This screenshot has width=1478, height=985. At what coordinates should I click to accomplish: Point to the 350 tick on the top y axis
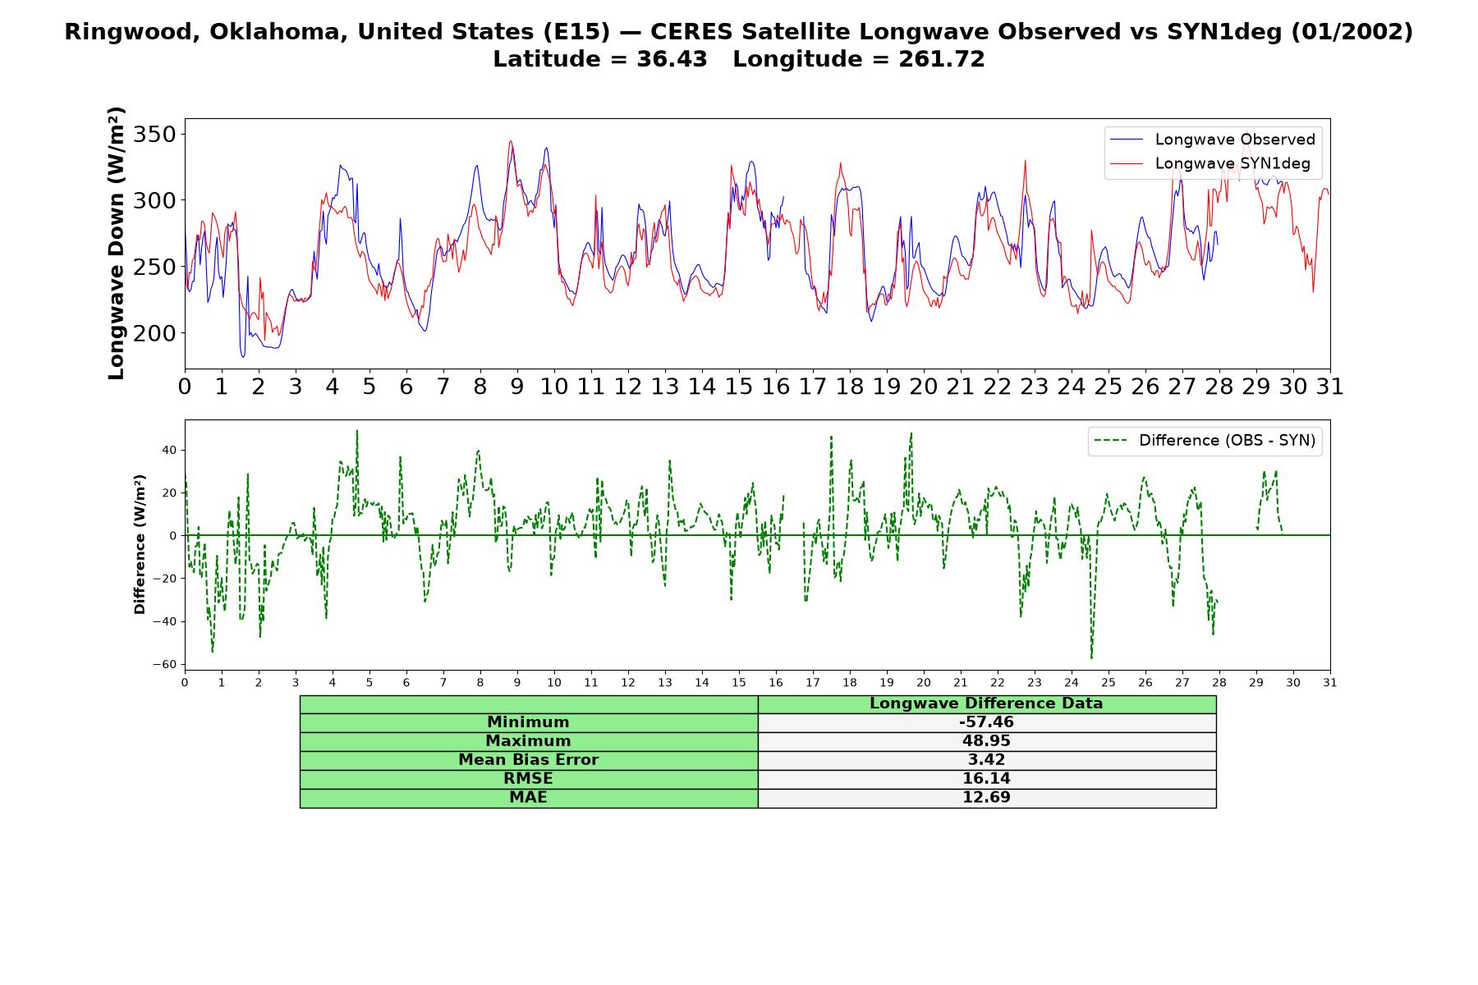point(156,134)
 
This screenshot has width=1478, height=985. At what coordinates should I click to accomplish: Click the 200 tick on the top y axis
point(156,333)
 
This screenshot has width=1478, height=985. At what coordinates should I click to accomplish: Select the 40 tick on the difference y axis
point(169,450)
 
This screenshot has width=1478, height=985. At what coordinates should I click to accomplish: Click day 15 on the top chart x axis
point(738,386)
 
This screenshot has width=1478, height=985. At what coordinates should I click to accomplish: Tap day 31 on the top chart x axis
point(1329,386)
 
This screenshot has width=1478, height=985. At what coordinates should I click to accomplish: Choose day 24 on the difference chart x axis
point(1071,682)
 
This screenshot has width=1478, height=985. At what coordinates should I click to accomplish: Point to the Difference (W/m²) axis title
point(140,544)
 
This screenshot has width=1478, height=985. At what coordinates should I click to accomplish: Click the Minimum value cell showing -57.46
point(986,722)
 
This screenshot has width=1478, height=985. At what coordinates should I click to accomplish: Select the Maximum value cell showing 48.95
point(986,741)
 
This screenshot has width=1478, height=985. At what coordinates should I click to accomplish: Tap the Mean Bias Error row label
point(528,760)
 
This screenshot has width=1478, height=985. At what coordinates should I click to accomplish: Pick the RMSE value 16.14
point(986,779)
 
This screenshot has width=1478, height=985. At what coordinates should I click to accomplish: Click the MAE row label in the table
point(528,798)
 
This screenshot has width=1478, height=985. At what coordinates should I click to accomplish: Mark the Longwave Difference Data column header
point(986,703)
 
